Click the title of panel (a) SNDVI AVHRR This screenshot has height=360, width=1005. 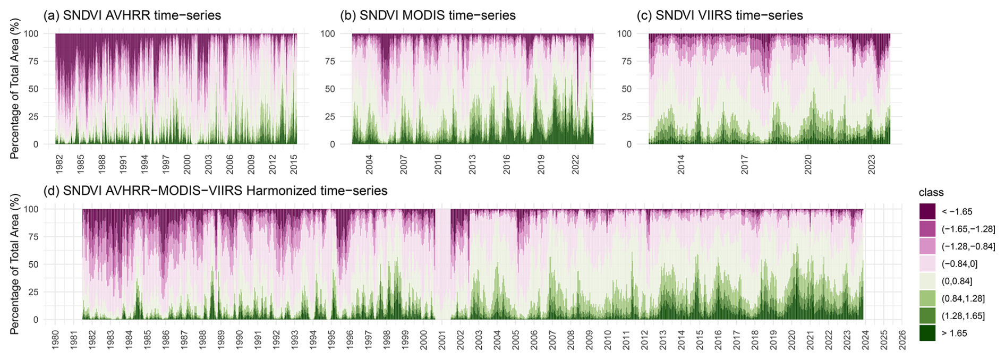(x=132, y=15)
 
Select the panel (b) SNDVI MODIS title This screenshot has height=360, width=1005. (x=428, y=15)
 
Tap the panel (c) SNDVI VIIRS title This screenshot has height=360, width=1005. (x=720, y=15)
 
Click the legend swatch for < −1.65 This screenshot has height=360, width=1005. (x=927, y=211)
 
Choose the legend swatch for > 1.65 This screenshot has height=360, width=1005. (x=927, y=333)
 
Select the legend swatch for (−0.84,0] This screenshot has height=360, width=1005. (x=927, y=263)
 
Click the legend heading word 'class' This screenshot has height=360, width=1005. (x=931, y=193)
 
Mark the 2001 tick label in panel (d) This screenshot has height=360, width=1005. (x=442, y=340)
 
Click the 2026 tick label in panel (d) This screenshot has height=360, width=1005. (x=902, y=340)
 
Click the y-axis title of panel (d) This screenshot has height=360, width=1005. (x=14, y=264)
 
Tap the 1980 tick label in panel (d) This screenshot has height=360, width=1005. (x=55, y=340)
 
